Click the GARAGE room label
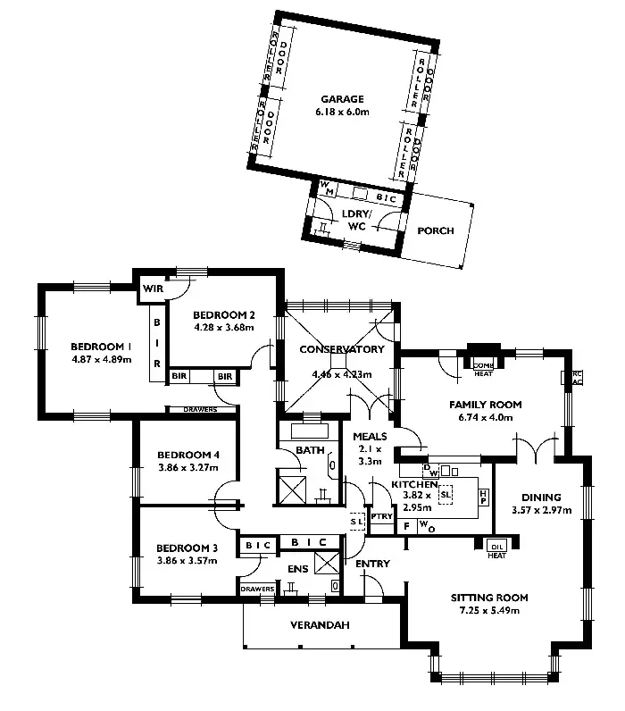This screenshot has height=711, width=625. coord(343,98)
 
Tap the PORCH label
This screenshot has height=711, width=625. coord(436,231)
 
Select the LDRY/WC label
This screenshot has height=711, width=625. coord(356,220)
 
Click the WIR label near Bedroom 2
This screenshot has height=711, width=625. coord(151,289)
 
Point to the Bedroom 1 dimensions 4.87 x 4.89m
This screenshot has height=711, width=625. coord(101,360)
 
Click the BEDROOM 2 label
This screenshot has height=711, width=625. coord(224,314)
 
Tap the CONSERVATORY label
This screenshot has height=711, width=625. coord(342,349)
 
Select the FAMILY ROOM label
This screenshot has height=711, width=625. coord(485,405)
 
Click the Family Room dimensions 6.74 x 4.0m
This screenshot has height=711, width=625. coord(485,416)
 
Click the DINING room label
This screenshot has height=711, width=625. coord(537,498)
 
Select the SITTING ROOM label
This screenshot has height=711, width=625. coord(489,598)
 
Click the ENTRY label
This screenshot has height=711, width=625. coord(372,564)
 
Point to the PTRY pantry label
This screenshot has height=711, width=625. coord(381,516)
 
